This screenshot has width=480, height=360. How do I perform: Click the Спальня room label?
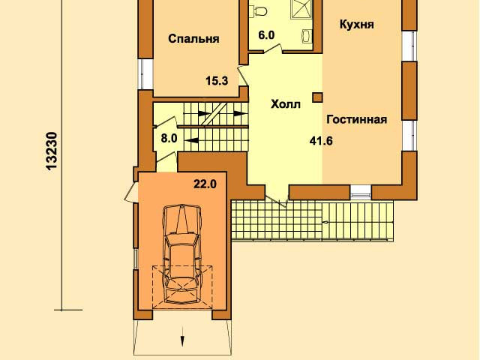(x=193, y=39)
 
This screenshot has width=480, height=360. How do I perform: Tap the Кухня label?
(x=357, y=24)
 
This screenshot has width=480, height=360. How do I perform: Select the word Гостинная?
(x=357, y=119)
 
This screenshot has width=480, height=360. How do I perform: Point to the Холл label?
(x=286, y=104)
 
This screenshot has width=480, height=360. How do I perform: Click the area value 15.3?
(x=217, y=81)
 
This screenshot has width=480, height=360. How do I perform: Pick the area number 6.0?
(x=266, y=35)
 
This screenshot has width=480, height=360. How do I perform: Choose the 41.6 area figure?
(x=321, y=141)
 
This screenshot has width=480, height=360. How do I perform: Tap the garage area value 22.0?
(x=205, y=184)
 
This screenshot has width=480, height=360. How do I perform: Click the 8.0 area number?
(x=169, y=138)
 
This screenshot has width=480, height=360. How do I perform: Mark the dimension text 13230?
(x=51, y=151)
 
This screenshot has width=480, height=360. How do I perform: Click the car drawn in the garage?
(x=182, y=254)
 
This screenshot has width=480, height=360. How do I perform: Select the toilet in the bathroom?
(x=260, y=11)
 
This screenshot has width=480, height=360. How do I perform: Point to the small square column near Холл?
(x=317, y=97)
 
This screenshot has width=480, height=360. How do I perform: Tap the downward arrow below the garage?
(x=182, y=337)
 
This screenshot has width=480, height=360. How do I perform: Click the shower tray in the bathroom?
(x=301, y=8)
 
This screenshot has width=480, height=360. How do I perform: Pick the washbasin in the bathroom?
(x=307, y=35)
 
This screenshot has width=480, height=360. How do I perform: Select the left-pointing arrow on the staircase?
(x=192, y=140)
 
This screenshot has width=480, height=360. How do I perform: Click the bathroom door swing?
(x=272, y=49)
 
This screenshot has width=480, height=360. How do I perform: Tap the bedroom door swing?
(x=243, y=75)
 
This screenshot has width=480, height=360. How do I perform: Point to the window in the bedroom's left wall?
(x=145, y=73)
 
